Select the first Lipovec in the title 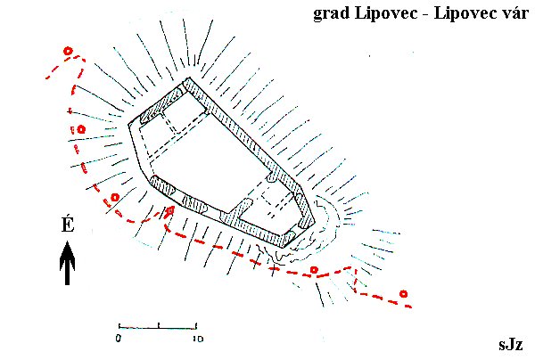click(x=386, y=13)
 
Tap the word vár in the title click(x=514, y=12)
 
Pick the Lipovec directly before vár click(x=465, y=13)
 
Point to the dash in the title click(x=426, y=14)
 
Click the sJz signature click(x=511, y=344)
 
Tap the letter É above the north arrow click(x=68, y=224)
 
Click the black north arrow click(x=67, y=263)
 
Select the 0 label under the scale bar click(x=118, y=339)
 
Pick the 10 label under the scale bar click(x=198, y=339)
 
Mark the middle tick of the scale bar click(x=159, y=325)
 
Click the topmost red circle click(x=69, y=51)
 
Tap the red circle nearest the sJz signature click(x=404, y=293)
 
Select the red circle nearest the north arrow click(x=115, y=198)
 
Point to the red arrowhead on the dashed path click(x=170, y=210)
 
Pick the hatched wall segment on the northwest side click(x=161, y=105)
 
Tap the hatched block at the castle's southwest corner click(x=163, y=185)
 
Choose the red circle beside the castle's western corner click(x=81, y=129)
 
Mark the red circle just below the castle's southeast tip click(x=314, y=270)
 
